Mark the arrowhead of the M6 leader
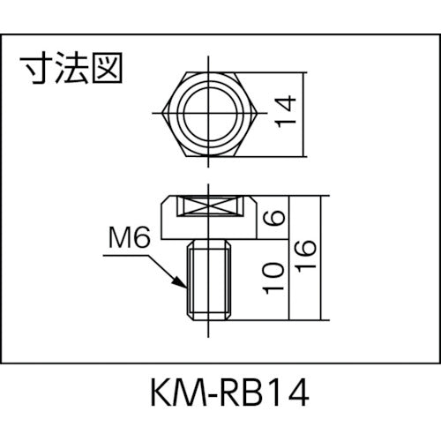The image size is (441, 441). (x=183, y=286)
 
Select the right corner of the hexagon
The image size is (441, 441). (x=255, y=113)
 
